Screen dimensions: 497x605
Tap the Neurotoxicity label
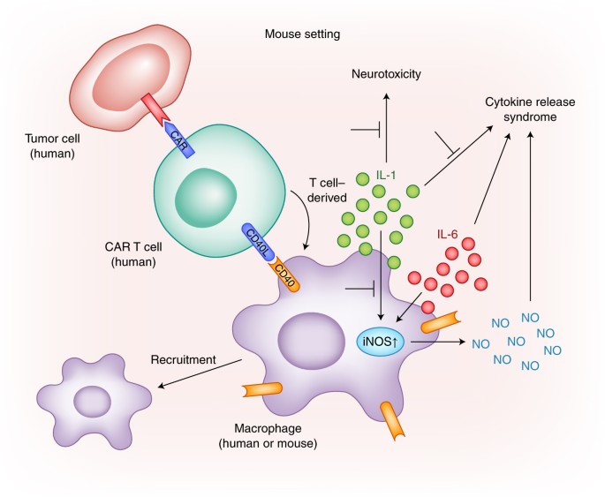click(387, 77)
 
